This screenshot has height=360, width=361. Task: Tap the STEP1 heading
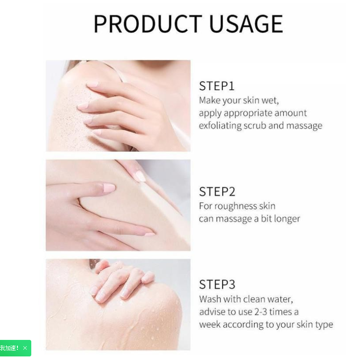point(217,86)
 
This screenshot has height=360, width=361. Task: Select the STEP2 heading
point(217,192)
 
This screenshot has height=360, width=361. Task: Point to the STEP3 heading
point(217,285)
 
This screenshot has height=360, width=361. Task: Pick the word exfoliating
point(220,126)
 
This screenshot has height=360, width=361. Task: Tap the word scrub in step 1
point(255,126)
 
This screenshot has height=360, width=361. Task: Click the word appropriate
point(249,113)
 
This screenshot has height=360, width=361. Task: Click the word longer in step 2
point(286,219)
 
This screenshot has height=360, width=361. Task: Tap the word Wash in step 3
point(210,299)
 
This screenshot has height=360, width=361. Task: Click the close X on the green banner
point(25,348)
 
